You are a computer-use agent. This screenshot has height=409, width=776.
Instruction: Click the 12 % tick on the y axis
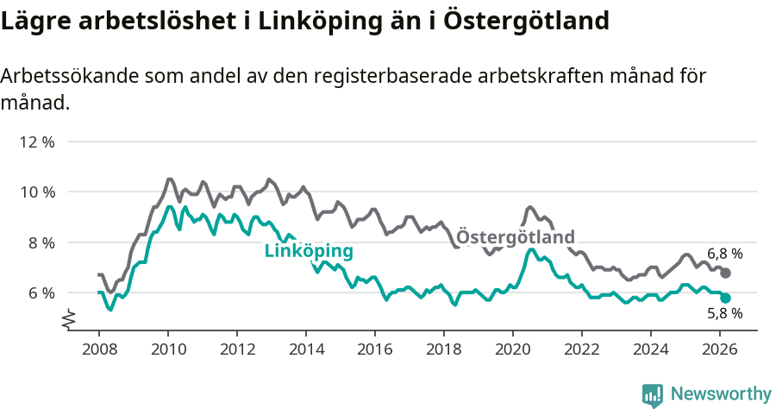[36, 142]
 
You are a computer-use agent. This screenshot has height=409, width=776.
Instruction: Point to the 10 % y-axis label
[36, 192]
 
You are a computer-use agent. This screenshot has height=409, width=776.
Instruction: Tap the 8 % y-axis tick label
[41, 242]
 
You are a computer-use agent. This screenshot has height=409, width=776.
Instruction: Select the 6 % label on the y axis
[41, 293]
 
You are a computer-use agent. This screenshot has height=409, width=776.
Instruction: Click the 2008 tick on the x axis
[98, 349]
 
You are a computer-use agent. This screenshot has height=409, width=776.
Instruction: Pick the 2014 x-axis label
[305, 349]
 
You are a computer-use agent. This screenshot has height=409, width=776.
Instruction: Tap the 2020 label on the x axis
[512, 349]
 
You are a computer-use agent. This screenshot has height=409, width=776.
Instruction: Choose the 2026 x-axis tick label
[719, 349]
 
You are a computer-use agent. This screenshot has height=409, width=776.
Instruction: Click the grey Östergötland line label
[515, 236]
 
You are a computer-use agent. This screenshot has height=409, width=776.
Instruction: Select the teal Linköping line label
[308, 251]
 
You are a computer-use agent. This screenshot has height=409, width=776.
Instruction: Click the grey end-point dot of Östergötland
[726, 273]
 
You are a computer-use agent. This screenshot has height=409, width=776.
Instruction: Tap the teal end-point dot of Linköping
[726, 298]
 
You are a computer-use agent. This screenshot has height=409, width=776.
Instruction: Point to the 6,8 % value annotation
[724, 254]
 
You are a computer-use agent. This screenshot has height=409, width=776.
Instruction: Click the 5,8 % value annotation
[724, 315]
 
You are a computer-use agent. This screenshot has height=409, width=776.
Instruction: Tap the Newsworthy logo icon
[653, 394]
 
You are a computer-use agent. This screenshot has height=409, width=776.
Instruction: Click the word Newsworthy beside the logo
[721, 394]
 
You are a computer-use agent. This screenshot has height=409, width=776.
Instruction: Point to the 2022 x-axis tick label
[581, 349]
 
